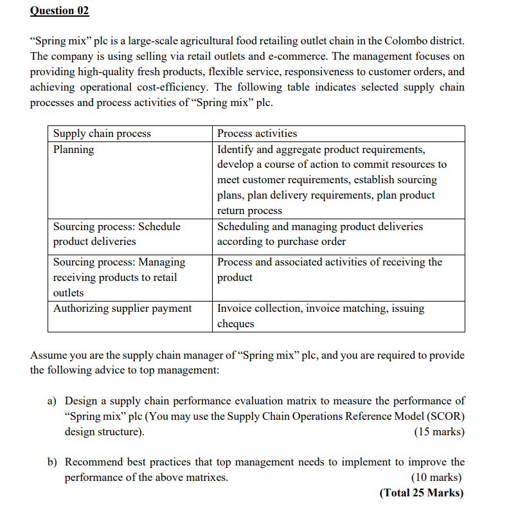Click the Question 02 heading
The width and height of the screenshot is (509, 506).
(59, 11)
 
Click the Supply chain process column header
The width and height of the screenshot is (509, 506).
(102, 134)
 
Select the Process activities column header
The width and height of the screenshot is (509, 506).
(257, 134)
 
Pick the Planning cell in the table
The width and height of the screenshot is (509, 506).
(73, 149)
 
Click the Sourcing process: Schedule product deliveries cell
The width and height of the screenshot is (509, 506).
(116, 234)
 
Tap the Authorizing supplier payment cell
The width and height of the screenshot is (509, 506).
(122, 309)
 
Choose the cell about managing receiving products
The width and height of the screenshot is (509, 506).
(119, 277)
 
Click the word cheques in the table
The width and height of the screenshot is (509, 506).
(236, 324)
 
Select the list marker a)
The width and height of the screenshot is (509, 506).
(53, 401)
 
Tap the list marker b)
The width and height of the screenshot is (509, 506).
(53, 462)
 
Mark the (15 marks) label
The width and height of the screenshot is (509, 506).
(439, 431)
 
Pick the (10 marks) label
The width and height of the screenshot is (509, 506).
(436, 478)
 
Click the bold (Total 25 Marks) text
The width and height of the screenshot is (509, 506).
(421, 493)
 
